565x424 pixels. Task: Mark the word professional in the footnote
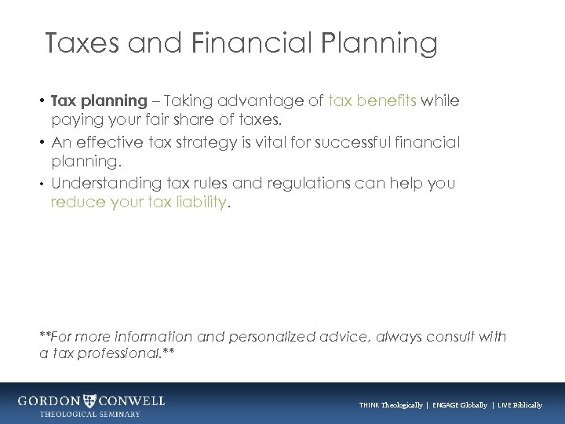point(122,355)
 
